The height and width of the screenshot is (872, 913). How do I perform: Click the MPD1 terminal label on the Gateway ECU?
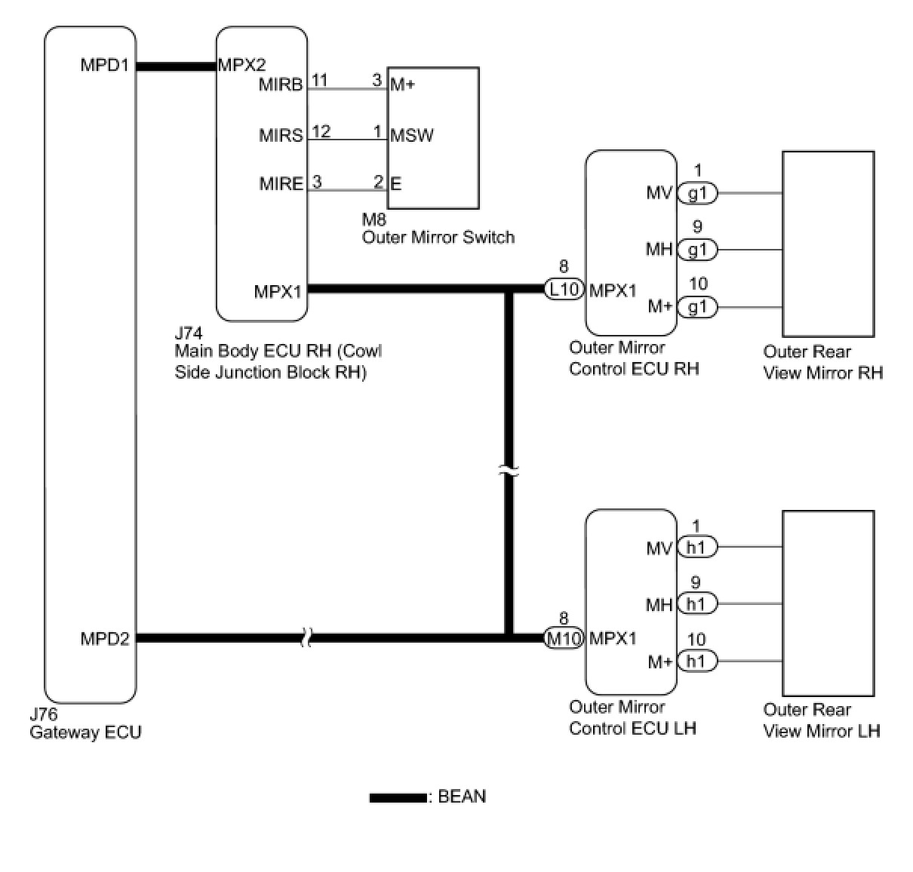click(104, 65)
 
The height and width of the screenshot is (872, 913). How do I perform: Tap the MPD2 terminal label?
click(104, 638)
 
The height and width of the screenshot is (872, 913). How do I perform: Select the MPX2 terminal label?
click(242, 65)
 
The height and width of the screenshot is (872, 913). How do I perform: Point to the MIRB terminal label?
click(281, 85)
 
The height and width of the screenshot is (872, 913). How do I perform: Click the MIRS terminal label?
click(281, 136)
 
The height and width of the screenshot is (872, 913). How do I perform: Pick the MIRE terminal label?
click(281, 184)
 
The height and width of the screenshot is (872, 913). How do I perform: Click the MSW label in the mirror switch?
click(412, 136)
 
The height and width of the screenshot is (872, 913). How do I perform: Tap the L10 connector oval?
click(564, 289)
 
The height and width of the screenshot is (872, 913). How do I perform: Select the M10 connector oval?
click(564, 638)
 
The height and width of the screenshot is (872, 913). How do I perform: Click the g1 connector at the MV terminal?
click(698, 193)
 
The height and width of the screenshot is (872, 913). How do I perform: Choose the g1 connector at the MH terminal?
click(698, 250)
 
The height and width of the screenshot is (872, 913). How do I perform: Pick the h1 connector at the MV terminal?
click(698, 547)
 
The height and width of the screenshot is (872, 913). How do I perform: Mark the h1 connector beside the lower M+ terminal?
click(698, 661)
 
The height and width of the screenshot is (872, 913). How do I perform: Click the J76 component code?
click(44, 714)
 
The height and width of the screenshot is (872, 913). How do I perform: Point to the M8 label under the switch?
click(374, 219)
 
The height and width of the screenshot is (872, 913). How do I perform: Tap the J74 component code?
click(189, 333)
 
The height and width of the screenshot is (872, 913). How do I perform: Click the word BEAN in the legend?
click(462, 797)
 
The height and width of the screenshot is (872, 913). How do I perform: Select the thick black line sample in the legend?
click(398, 798)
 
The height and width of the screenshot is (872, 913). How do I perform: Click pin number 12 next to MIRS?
click(321, 131)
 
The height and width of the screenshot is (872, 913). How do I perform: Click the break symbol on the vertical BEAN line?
click(509, 471)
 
